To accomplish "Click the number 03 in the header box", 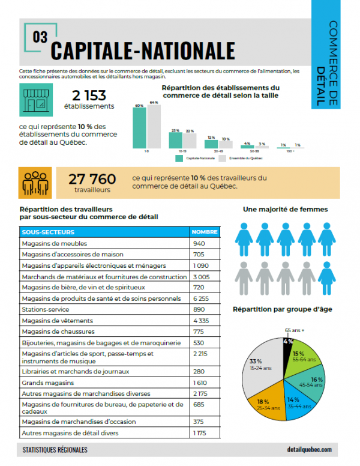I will coord(41,37).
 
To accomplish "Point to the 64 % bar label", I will coord(154,103).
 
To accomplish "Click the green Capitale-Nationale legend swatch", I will coord(179,159).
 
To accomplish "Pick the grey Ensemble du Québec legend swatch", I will coord(222,159).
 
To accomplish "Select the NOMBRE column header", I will coord(204,232).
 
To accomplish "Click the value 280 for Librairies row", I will coord(199,371).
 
